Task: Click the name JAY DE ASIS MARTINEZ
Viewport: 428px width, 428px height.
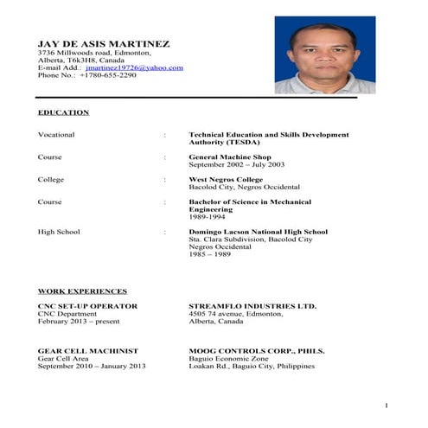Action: tap(104, 43)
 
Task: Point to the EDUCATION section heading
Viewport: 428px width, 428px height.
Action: tap(63, 112)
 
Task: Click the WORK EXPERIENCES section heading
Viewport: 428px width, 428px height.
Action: tap(82, 291)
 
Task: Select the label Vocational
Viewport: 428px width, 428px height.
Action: tap(56, 135)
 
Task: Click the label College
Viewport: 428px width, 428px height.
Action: tap(51, 180)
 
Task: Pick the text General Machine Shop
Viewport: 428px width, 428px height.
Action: tap(231, 157)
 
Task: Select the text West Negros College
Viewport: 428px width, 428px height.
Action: tap(226, 180)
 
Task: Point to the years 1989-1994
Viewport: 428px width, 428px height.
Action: tap(207, 217)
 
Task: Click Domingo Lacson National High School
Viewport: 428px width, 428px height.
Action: tap(258, 232)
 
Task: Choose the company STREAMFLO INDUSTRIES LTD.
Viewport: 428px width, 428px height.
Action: tap(252, 306)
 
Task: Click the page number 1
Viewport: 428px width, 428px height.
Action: tap(386, 406)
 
